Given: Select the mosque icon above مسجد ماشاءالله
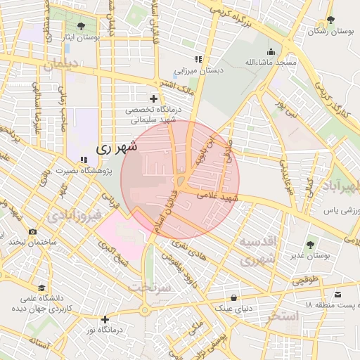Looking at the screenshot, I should [x=271, y=51].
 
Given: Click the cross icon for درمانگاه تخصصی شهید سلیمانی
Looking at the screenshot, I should [x=153, y=98].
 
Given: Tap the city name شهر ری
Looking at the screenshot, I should [x=114, y=148].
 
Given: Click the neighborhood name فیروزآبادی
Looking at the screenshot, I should [x=77, y=214].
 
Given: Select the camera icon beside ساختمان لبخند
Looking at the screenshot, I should [x=32, y=231].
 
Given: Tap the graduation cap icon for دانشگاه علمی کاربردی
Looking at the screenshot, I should [x=41, y=288].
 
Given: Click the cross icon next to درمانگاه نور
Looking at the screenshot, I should [x=105, y=319].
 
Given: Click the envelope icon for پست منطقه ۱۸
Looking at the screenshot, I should [x=339, y=294].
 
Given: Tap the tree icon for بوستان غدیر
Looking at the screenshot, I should [x=310, y=245].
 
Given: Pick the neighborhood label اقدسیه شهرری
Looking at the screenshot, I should [x=261, y=250].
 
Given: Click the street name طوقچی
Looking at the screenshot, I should [x=304, y=280].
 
